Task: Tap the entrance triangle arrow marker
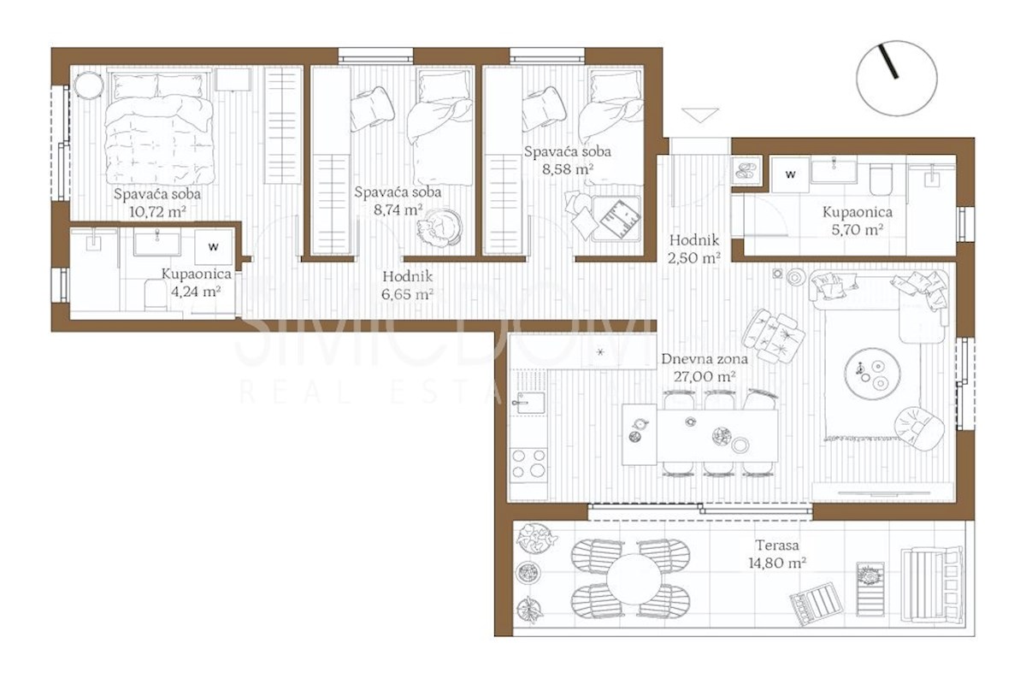click(x=700, y=115)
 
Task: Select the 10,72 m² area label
click(x=157, y=212)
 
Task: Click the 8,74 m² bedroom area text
click(x=398, y=209)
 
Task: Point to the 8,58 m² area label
click(x=568, y=169)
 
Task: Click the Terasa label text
click(x=777, y=545)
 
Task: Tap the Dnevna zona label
click(x=705, y=359)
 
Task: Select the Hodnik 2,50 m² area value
click(x=694, y=258)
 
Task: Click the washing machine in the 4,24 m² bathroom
click(x=214, y=247)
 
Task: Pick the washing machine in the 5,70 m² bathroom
click(x=790, y=174)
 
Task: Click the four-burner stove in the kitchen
click(x=528, y=463)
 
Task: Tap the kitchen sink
click(x=530, y=403)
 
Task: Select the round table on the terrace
click(x=634, y=581)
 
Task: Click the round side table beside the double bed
click(x=88, y=85)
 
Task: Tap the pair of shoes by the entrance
click(x=746, y=171)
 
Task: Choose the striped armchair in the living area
click(x=773, y=336)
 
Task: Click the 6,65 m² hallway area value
click(x=407, y=294)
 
